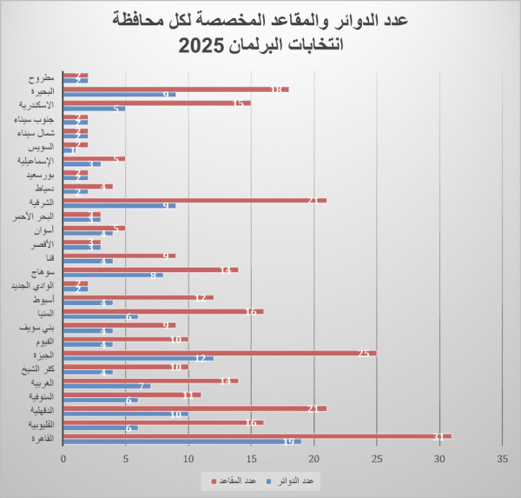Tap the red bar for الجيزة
point(217,353)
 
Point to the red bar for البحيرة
point(174,89)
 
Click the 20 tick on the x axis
point(313,459)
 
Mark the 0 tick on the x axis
point(63,459)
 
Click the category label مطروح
point(40,76)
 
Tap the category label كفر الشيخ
point(36,369)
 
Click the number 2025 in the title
point(204,45)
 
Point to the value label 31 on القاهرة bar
point(439,436)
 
